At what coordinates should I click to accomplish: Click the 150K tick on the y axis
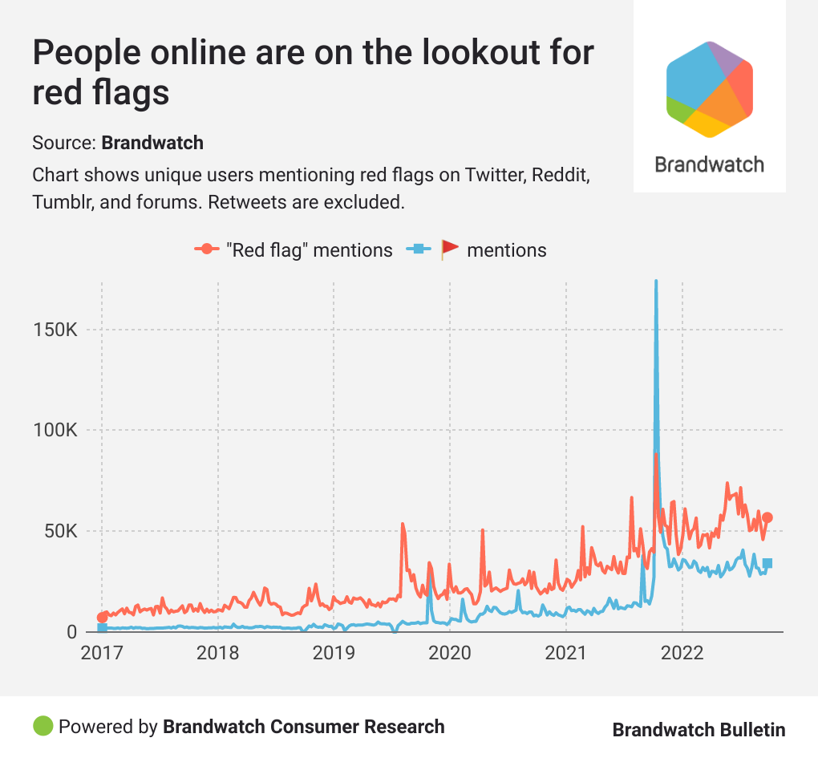pos(57,330)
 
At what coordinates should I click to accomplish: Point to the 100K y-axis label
pos(57,431)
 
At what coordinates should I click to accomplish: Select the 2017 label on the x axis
pos(102,652)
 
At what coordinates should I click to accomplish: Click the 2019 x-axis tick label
pos(334,652)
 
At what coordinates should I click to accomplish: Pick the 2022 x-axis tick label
pos(682,652)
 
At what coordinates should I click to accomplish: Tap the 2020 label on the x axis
pos(450,652)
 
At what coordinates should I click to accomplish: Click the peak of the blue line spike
pos(656,282)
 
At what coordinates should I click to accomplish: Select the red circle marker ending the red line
pos(767,517)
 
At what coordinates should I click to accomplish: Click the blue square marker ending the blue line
pos(767,563)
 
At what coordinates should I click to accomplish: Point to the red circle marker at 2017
pos(102,618)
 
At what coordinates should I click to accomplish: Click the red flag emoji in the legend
pos(450,249)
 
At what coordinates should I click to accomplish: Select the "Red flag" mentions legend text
pos(310,250)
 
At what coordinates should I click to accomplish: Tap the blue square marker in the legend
pos(415,249)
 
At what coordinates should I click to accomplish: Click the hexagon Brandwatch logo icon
pos(709,87)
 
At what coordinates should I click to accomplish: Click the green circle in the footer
pos(43,726)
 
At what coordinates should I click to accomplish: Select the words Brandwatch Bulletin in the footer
pos(699,729)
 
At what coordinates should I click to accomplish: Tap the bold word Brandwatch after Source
pos(152,143)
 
